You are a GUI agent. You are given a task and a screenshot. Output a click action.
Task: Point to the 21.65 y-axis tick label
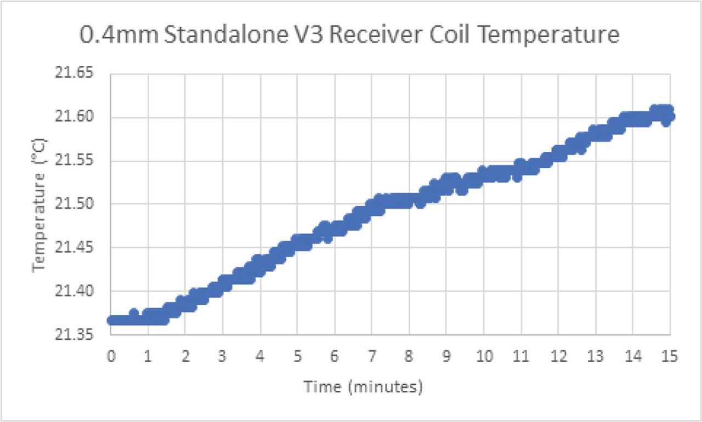(76, 73)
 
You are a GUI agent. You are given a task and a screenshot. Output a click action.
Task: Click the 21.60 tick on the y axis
(76, 117)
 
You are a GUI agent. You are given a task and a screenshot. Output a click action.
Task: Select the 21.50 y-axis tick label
(76, 204)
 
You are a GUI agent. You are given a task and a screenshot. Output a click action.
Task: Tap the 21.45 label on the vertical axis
(76, 248)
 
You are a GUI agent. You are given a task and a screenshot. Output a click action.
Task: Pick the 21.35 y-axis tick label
(76, 335)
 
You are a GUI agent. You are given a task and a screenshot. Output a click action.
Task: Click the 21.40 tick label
(76, 291)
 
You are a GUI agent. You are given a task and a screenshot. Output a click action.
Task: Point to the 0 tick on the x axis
(111, 357)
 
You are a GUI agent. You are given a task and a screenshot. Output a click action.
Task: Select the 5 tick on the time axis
(297, 357)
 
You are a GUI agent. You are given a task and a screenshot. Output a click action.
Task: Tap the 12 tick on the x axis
(558, 357)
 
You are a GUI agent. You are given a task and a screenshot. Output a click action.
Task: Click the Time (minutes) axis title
(364, 387)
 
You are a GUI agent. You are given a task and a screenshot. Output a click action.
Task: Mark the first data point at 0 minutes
(111, 321)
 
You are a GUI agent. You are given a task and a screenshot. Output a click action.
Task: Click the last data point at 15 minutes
(670, 116)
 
